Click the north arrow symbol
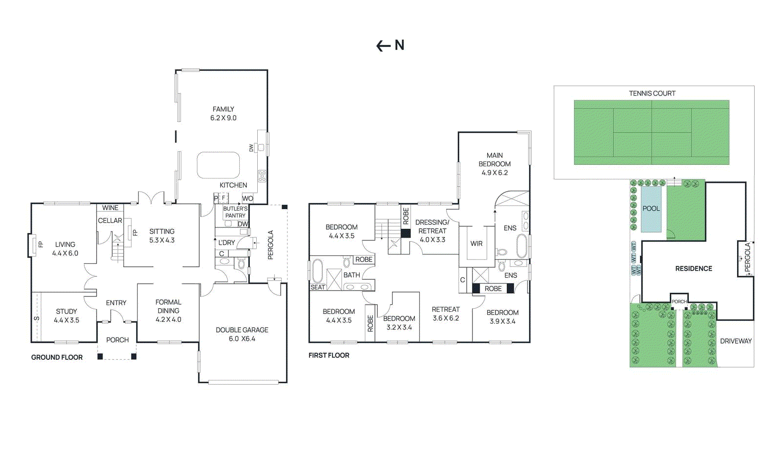pyautogui.click(x=390, y=45)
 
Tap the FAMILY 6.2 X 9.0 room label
pyautogui.click(x=223, y=114)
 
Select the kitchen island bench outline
pyautogui.click(x=218, y=165)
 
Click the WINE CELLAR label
pyautogui.click(x=110, y=214)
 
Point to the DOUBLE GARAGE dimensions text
pyautogui.click(x=242, y=339)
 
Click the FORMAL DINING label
pyautogui.click(x=168, y=311)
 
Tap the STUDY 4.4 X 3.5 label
pyautogui.click(x=66, y=315)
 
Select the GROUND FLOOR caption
pyautogui.click(x=57, y=357)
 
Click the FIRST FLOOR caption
pyautogui.click(x=329, y=355)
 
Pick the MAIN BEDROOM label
pyautogui.click(x=494, y=164)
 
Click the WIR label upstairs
pyautogui.click(x=476, y=243)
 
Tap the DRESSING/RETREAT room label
pyautogui.click(x=432, y=231)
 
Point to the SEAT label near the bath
pyautogui.click(x=318, y=287)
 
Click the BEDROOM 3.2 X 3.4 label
pyautogui.click(x=399, y=322)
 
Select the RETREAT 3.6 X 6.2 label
pyautogui.click(x=445, y=314)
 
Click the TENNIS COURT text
pyautogui.click(x=652, y=93)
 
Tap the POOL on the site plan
pyautogui.click(x=651, y=209)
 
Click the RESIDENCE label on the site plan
pyautogui.click(x=694, y=269)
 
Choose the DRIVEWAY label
pyautogui.click(x=736, y=341)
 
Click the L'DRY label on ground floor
pyautogui.click(x=226, y=242)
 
